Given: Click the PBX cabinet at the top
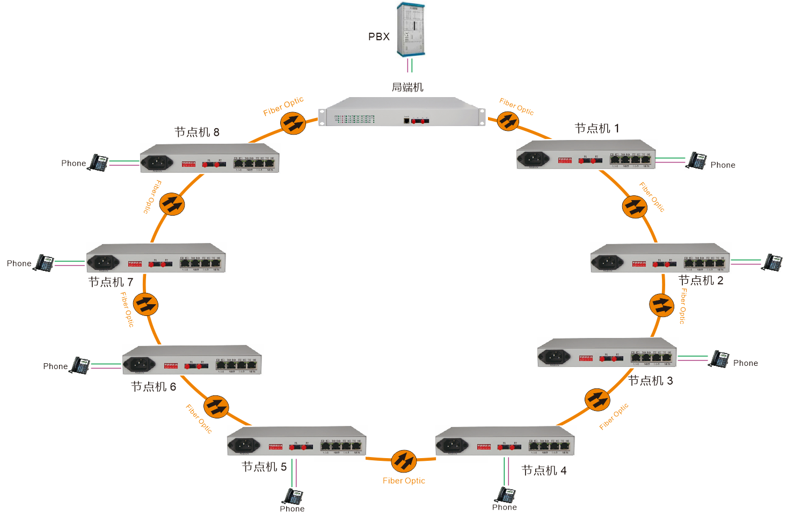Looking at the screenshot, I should point(411,29).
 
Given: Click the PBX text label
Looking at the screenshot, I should point(379,37).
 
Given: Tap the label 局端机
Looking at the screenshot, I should point(407,87).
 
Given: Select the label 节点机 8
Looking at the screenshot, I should point(197,133).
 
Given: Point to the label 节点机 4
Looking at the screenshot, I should point(544,471).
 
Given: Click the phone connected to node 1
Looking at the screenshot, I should point(697,161).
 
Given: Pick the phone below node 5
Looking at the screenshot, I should point(294,496).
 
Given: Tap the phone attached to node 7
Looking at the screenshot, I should point(44,263).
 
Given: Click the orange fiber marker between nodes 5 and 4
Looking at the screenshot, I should point(404,461).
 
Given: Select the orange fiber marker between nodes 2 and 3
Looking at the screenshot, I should point(661,305).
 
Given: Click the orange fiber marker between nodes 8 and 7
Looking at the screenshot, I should point(172,204).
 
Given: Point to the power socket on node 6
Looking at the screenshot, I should point(139,364).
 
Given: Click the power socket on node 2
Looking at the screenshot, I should point(607,262).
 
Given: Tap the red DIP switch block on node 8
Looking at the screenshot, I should point(188,164).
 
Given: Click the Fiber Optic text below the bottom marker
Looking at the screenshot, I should point(404,481).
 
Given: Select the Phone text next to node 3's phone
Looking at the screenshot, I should point(746,363).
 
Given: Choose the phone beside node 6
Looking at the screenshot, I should point(81,365).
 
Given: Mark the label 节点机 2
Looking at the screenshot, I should point(701,281).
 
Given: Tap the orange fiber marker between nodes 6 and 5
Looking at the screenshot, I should point(216,407).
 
